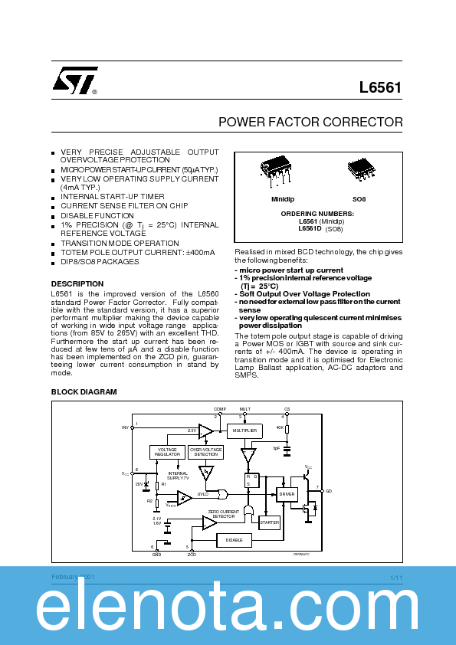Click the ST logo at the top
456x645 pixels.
click(75, 80)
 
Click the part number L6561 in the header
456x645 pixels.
click(380, 88)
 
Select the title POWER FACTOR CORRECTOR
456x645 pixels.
click(310, 122)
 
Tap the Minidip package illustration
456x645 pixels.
click(276, 169)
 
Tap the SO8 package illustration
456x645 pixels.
click(359, 169)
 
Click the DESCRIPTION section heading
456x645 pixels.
click(77, 283)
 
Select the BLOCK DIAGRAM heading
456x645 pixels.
click(84, 392)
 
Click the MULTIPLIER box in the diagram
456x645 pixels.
click(244, 431)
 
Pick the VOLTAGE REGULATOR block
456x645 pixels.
click(167, 452)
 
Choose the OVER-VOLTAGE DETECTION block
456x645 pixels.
click(205, 452)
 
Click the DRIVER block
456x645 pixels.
click(287, 494)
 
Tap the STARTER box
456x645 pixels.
click(269, 522)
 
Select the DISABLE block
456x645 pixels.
click(235, 540)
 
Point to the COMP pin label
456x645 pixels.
click(220, 410)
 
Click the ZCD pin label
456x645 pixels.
click(191, 553)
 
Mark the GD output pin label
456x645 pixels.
click(329, 490)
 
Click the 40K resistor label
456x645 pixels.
click(280, 427)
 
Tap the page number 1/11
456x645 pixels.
click(395, 577)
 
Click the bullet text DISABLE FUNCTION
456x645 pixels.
click(97, 216)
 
